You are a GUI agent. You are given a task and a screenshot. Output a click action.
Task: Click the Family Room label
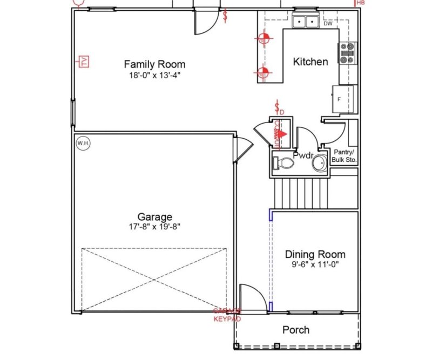154,65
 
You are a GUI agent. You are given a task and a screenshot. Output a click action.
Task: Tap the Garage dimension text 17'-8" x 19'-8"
154,227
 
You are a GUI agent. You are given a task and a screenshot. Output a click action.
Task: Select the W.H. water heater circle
83,144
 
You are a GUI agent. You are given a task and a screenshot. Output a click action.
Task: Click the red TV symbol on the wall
84,62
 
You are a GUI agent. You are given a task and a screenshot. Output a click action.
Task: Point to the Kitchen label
310,62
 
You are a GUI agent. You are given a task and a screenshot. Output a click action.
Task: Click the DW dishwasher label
328,24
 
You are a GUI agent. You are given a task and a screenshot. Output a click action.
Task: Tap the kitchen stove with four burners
347,52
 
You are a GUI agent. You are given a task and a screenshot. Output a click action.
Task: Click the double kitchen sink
305,22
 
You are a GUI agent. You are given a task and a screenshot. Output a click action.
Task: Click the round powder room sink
320,162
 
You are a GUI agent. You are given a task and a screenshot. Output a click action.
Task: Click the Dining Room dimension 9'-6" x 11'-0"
315,265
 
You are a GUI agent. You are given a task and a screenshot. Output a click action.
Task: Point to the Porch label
296,330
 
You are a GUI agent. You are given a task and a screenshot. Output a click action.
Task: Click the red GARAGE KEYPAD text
227,315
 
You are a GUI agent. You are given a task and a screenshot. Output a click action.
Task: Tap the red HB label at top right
361,3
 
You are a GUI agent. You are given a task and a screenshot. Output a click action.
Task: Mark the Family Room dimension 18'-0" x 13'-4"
154,76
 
